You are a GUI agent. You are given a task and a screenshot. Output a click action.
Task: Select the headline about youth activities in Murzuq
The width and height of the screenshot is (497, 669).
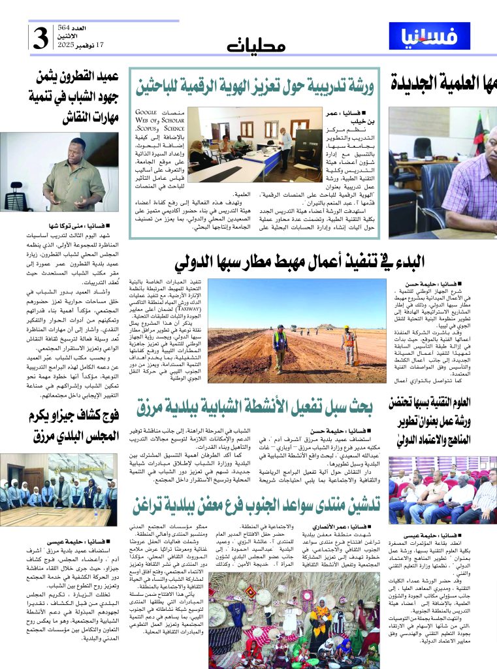[x=255, y=406]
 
